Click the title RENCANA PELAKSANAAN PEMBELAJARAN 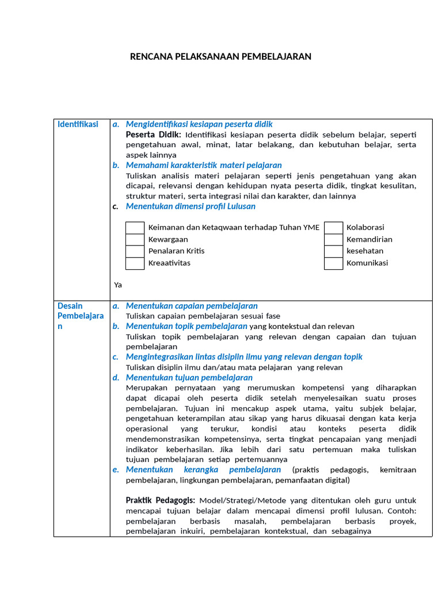pyautogui.click(x=220, y=56)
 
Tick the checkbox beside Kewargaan pyautogui.click(x=135, y=239)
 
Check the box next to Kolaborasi pyautogui.click(x=333, y=228)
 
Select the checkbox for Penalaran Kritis pyautogui.click(x=135, y=251)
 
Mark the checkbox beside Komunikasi pyautogui.click(x=333, y=263)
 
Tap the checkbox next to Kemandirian pyautogui.click(x=333, y=239)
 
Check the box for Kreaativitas pyautogui.click(x=135, y=263)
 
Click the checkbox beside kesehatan pyautogui.click(x=333, y=251)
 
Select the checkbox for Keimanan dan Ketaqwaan pyautogui.click(x=135, y=228)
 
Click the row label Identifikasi pyautogui.click(x=78, y=124)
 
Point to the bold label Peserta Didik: pyautogui.click(x=153, y=135)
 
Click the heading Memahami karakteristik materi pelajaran pyautogui.click(x=204, y=166)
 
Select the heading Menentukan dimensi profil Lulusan pyautogui.click(x=190, y=206)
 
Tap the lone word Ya pyautogui.click(x=118, y=285)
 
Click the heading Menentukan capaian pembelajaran pyautogui.click(x=192, y=306)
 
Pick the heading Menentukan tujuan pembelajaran pyautogui.click(x=189, y=378)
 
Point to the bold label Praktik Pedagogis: pyautogui.click(x=160, y=500)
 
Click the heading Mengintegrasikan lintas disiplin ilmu pyautogui.click(x=244, y=357)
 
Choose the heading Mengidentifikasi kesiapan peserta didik pyautogui.click(x=199, y=124)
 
